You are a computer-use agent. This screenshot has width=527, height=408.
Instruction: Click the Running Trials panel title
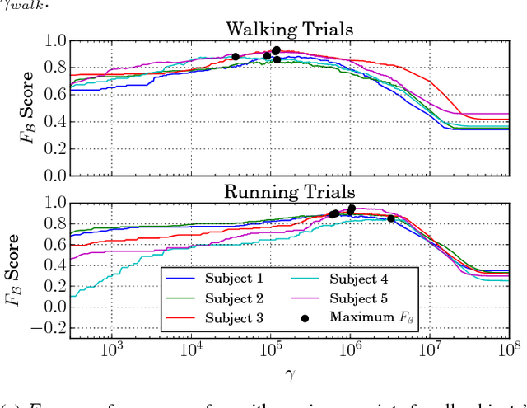coord(290,191)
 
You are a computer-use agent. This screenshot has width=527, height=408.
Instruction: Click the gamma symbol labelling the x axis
coord(290,376)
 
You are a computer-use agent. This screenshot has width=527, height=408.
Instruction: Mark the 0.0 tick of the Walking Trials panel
coord(52,176)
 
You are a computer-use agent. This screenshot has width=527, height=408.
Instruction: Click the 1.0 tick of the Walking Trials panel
coord(52,40)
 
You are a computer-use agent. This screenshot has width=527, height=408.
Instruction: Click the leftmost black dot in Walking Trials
coord(236,57)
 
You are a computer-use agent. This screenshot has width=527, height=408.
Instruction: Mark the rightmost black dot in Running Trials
coord(391,218)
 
